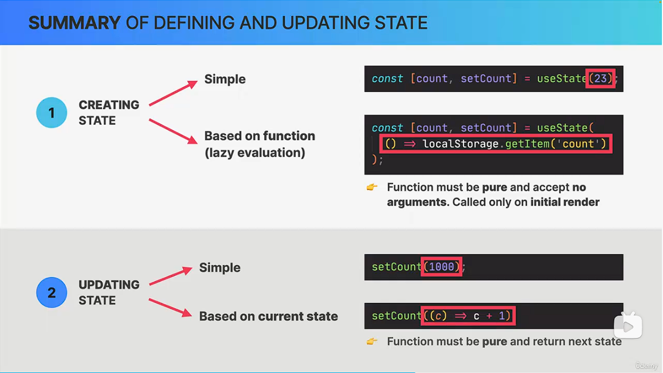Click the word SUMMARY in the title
point(74,23)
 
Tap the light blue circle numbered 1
point(52,112)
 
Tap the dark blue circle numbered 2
point(52,293)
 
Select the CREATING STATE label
point(109,112)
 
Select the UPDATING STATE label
point(109,293)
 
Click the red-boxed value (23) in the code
point(601,78)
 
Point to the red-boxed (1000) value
point(441,267)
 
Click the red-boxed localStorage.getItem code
point(496,144)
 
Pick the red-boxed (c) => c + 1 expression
point(468,316)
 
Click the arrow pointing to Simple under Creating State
point(174,93)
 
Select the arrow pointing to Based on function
point(174,131)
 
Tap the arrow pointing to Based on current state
point(170,308)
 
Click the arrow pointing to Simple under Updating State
point(170,276)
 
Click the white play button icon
point(628,326)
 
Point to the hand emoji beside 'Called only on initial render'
point(372,187)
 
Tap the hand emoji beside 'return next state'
point(372,341)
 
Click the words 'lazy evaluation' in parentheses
point(255,153)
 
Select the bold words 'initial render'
point(565,202)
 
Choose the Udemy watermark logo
point(646,366)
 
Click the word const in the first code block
point(387,78)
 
